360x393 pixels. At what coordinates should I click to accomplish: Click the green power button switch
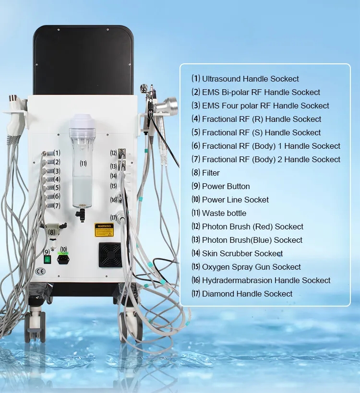click(47, 260)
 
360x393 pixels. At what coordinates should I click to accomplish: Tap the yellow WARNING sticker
click(103, 230)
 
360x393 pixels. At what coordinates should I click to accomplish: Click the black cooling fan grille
click(110, 255)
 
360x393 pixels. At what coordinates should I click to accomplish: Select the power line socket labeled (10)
click(63, 259)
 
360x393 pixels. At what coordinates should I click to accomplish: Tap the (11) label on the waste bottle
click(83, 163)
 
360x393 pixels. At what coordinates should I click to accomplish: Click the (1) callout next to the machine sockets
click(57, 153)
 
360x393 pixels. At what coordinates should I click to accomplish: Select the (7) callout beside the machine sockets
click(57, 206)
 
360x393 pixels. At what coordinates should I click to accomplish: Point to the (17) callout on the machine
click(113, 217)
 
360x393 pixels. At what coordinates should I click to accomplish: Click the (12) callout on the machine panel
click(113, 153)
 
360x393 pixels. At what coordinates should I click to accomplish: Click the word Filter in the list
click(211, 173)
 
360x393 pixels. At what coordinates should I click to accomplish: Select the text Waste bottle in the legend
click(224, 213)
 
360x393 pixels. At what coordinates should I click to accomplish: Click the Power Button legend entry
click(226, 186)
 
